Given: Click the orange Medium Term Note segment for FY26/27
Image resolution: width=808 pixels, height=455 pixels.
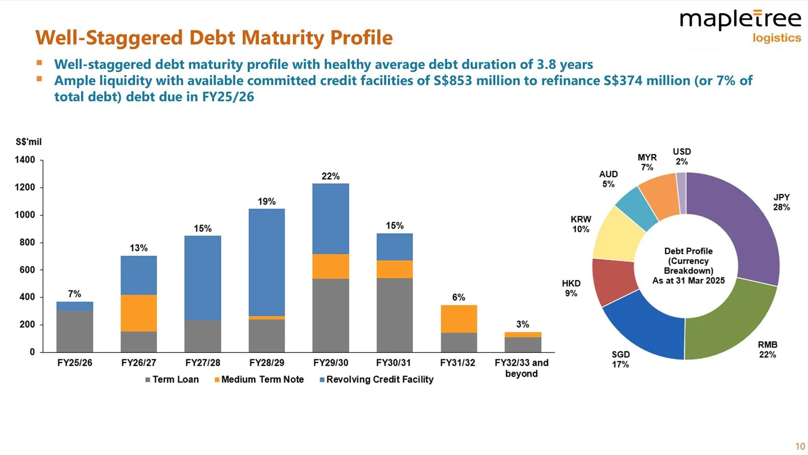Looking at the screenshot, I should point(138,313).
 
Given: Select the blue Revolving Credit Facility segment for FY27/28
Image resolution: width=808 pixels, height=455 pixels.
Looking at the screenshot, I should point(202,277).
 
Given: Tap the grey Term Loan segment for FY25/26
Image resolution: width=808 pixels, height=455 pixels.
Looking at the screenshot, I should point(75,331).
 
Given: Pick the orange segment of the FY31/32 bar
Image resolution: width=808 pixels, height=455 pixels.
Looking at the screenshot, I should point(458,319).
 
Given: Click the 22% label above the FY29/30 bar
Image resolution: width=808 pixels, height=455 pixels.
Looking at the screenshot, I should point(330,176).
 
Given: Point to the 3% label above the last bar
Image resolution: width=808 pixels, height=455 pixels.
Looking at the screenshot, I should point(522,324).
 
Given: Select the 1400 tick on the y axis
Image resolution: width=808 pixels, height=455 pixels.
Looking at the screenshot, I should point(25,160).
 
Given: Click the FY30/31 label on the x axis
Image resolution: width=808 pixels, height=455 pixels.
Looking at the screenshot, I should point(393,363).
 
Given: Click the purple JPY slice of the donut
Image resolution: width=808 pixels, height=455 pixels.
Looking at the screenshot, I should point(742,229).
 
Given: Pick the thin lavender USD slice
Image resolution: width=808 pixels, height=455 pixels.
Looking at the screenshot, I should point(681,193).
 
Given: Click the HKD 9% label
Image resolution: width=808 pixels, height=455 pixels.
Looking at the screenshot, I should point(571,288).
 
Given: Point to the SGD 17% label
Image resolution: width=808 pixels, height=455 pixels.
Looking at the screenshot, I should point(620,359).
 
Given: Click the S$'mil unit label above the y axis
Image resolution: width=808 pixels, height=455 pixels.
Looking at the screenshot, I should point(28,142).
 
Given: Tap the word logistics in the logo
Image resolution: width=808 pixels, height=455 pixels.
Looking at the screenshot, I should point(776,38).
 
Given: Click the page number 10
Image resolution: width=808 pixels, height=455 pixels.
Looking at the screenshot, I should point(800,446).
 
